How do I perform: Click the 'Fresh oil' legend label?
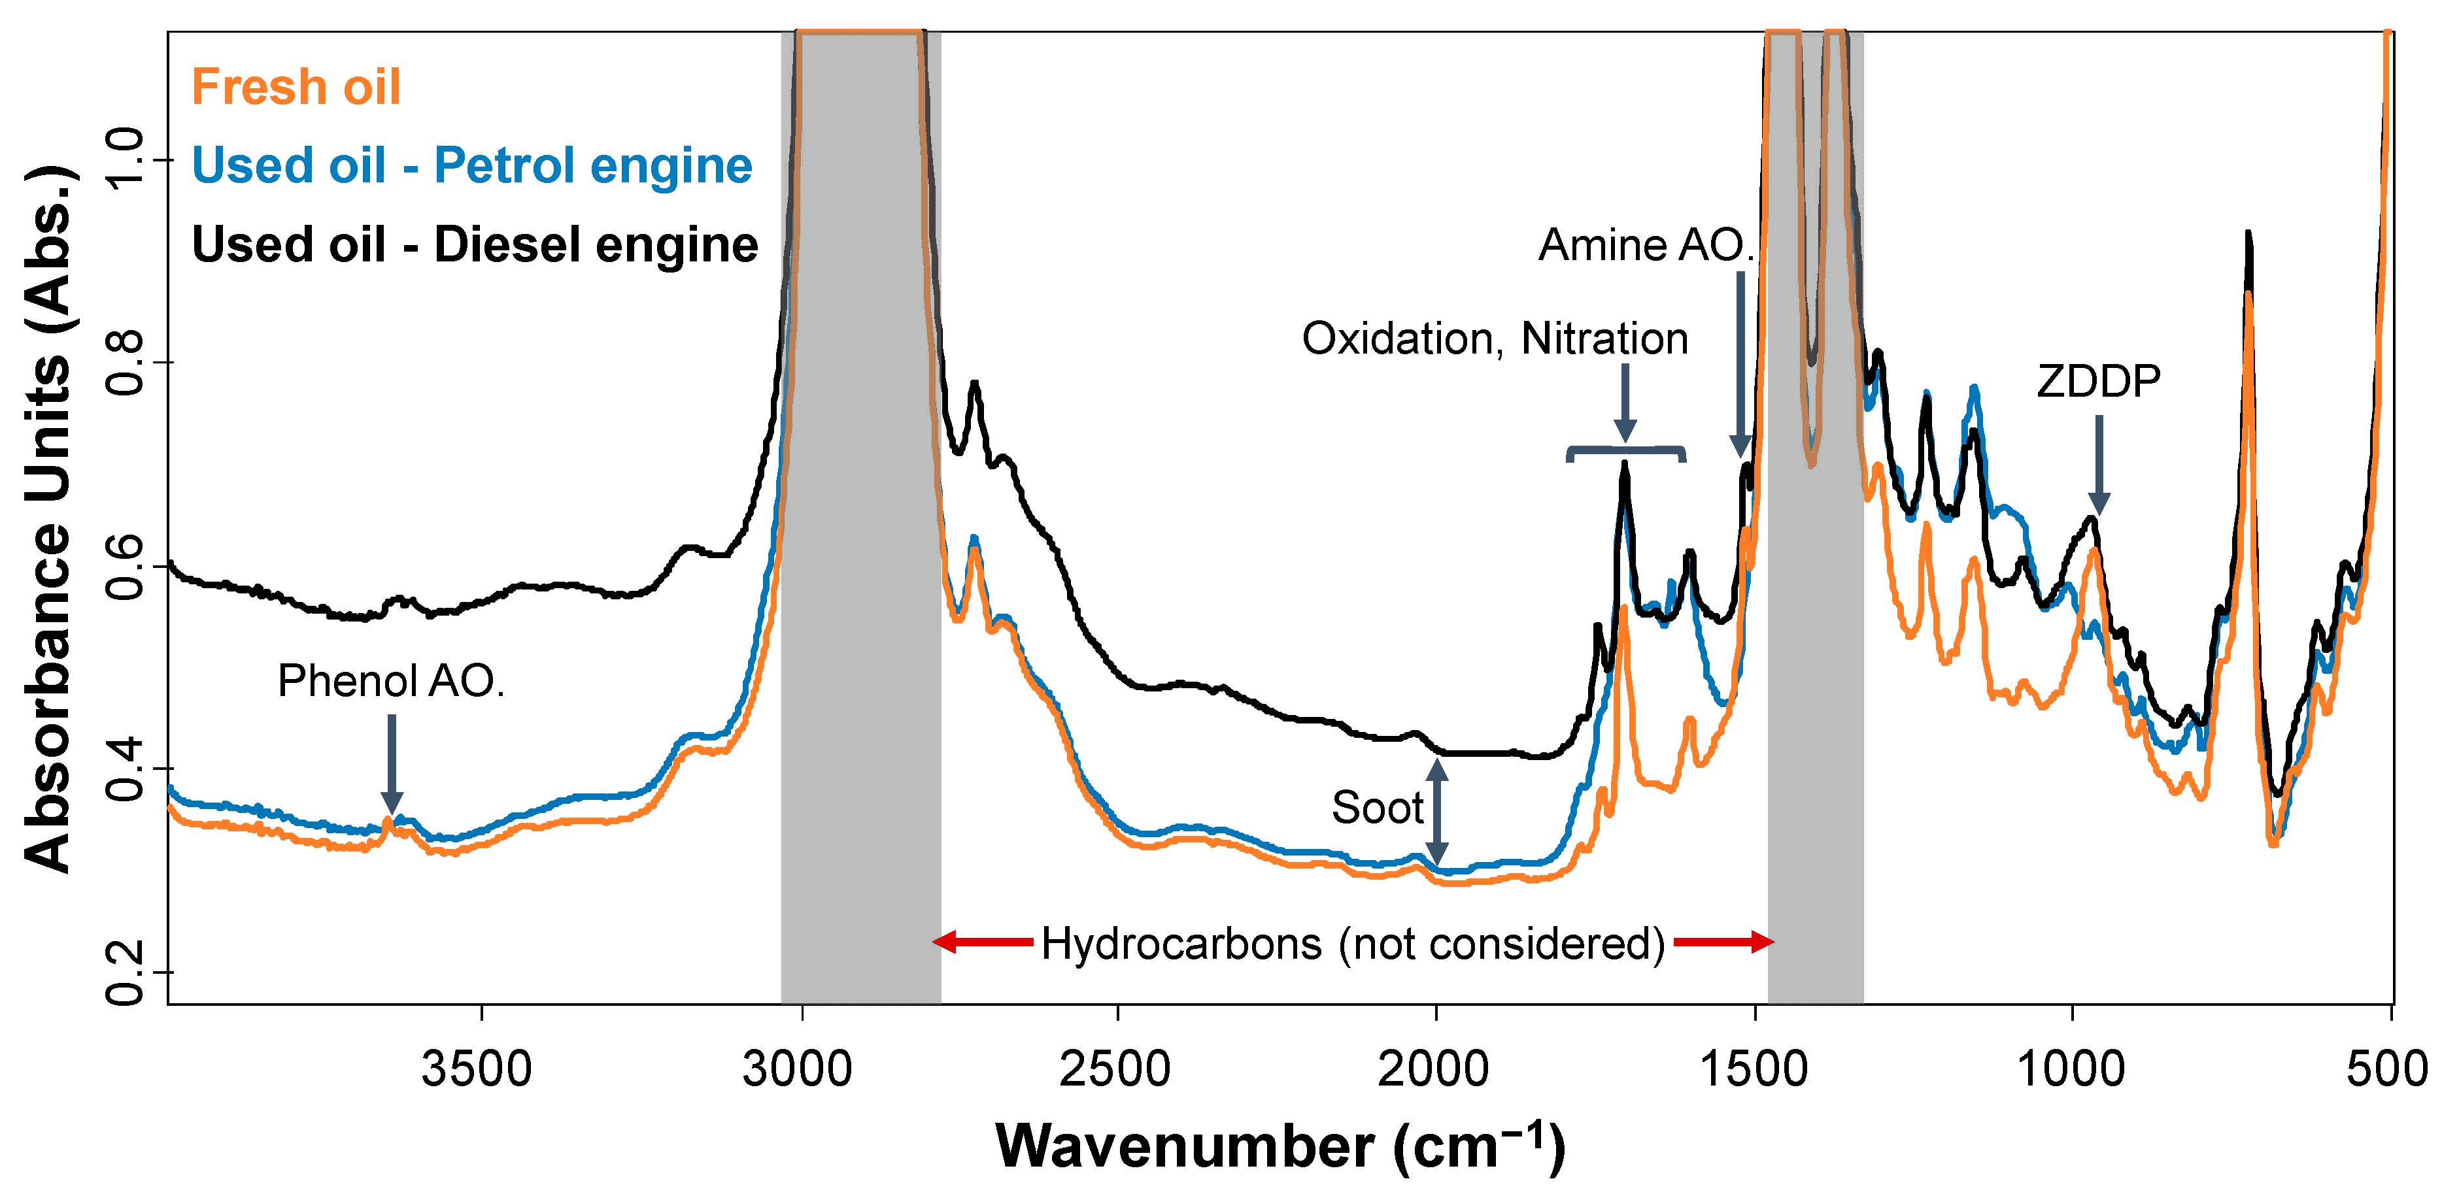pyautogui.click(x=296, y=87)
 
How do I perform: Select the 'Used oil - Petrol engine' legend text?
pyautogui.click(x=472, y=166)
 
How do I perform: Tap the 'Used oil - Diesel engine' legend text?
pyautogui.click(x=475, y=244)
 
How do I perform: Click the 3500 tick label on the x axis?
pyautogui.click(x=477, y=1069)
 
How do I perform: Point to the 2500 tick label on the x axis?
pyautogui.click(x=1115, y=1069)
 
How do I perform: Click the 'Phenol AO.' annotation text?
pyautogui.click(x=390, y=680)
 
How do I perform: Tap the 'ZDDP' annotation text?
pyautogui.click(x=2098, y=382)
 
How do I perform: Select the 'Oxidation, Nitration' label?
pyautogui.click(x=1494, y=339)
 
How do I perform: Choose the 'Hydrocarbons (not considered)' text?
pyautogui.click(x=1353, y=944)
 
